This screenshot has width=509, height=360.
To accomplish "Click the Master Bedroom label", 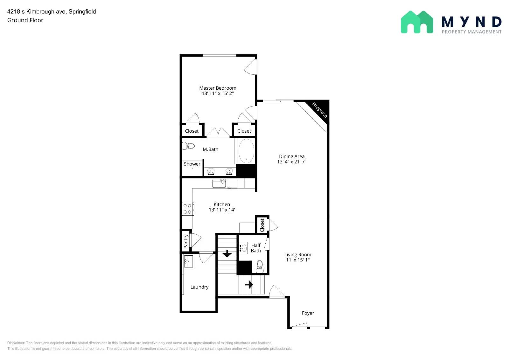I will pos(218,88).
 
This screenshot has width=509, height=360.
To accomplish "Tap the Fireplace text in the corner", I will pos(319,110).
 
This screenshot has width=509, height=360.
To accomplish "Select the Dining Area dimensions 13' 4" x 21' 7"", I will pos(292,162).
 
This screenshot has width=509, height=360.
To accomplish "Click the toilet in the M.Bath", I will pos(189,146).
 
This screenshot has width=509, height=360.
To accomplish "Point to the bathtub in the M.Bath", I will pos(246,151).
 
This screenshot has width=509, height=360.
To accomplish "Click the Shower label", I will pos(192,164).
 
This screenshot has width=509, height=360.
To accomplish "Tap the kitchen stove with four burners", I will pos(187,209).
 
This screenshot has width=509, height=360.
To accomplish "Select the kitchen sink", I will pos(219,183).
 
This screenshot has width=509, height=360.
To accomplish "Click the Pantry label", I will pos(186,242).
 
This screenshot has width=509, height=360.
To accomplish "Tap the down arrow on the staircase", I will pos(227,253).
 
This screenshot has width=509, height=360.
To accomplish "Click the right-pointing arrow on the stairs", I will pos(249,284).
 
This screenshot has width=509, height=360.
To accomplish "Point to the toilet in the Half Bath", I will pos(260,267).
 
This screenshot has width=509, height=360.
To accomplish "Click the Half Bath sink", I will pos(243,248).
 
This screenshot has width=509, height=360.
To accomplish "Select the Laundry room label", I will pos(199,287).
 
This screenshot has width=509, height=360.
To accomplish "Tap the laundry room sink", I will pos(189,261).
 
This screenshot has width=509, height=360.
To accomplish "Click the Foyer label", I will pos(308,313).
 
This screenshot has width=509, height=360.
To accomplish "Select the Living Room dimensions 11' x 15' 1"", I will pos(298,260).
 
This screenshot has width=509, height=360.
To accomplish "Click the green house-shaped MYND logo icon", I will pos(417,22).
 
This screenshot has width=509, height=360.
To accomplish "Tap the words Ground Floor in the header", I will pos(25,20).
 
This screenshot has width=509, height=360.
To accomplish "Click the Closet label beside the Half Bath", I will pos(262,225).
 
